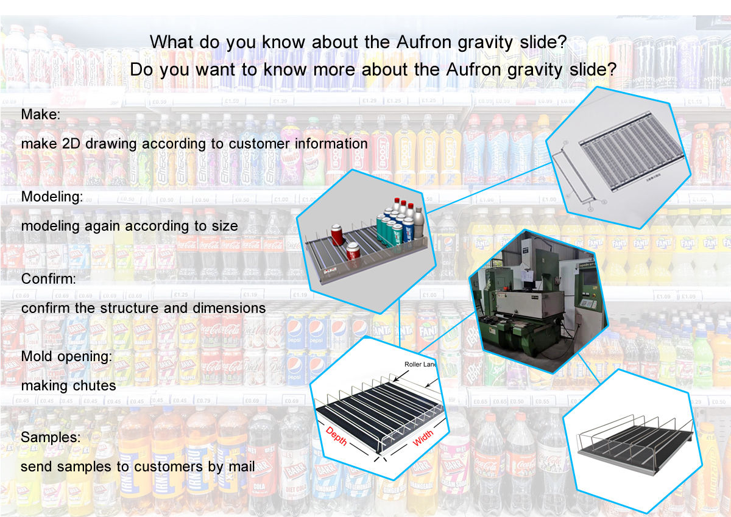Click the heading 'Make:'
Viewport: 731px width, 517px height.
[x=40, y=114]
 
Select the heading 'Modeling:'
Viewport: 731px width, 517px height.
[x=52, y=197]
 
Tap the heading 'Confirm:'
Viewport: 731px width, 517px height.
[x=49, y=279]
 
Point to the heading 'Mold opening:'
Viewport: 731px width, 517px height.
[x=66, y=356]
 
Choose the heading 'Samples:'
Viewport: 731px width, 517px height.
[x=51, y=437]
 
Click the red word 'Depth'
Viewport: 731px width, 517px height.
[x=337, y=435]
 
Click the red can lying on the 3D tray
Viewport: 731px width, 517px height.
[x=353, y=250]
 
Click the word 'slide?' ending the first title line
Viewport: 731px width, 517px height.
[x=542, y=42]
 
